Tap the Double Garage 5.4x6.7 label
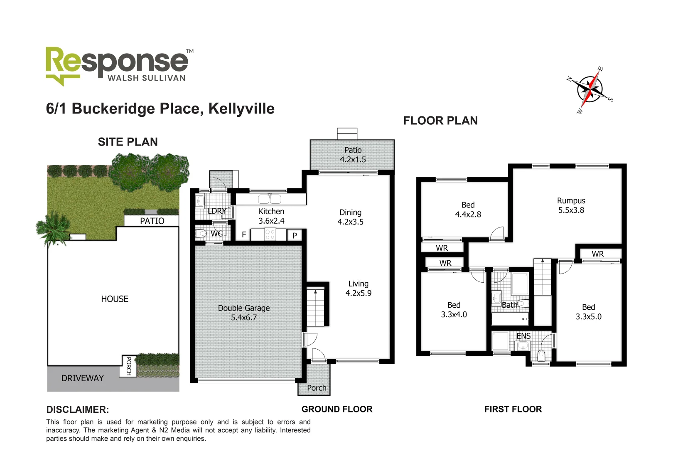pyautogui.click(x=244, y=313)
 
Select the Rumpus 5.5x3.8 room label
pyautogui.click(x=571, y=205)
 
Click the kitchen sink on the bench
pyautogui.click(x=270, y=199)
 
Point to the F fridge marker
pyautogui.click(x=244, y=234)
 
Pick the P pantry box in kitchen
pyautogui.click(x=295, y=235)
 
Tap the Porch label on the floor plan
pyautogui.click(x=317, y=388)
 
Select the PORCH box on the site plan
pyautogui.click(x=128, y=366)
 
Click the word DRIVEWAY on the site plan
pyautogui.click(x=82, y=378)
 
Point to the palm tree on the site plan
pyautogui.click(x=53, y=229)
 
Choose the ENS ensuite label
pyautogui.click(x=523, y=336)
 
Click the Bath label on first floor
pyautogui.click(x=509, y=305)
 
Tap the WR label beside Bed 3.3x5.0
pyautogui.click(x=597, y=254)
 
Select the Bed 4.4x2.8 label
pyautogui.click(x=468, y=210)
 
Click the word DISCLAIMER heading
pyautogui.click(x=78, y=410)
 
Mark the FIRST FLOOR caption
pyautogui.click(x=513, y=409)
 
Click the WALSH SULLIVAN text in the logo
pyautogui.click(x=146, y=78)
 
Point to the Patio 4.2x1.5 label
pyautogui.click(x=353, y=155)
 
